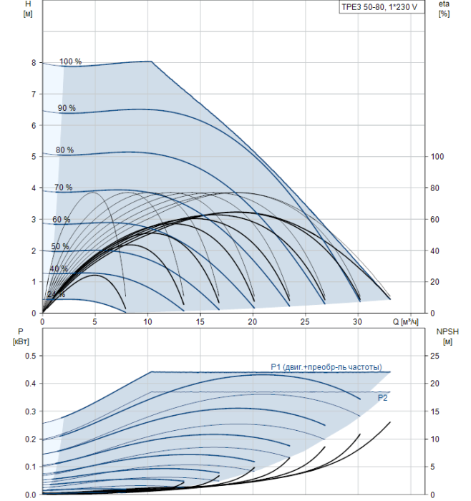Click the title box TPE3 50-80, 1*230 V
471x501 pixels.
[x=382, y=7]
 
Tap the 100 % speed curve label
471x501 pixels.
[x=71, y=62]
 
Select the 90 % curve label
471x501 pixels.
[x=67, y=108]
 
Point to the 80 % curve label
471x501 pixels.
[x=64, y=150]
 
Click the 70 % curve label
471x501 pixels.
[x=63, y=188]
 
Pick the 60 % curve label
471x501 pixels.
[x=62, y=220]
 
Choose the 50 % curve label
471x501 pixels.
[x=60, y=246]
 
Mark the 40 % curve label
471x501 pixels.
[x=59, y=268]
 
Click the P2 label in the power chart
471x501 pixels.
[x=382, y=398]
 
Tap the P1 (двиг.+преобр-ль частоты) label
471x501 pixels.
[x=326, y=367]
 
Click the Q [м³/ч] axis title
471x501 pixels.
[x=405, y=322]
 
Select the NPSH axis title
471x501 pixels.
[x=447, y=331]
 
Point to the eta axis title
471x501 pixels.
[x=445, y=4]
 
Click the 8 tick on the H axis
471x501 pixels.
[x=34, y=63]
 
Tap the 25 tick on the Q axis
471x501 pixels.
[x=305, y=322]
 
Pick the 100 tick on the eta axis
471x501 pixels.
[x=437, y=157]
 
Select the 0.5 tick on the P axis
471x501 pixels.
[x=31, y=356]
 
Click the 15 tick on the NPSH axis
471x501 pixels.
[x=434, y=412]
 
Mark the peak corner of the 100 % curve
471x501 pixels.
[x=151, y=61]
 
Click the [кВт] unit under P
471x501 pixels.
[x=21, y=341]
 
